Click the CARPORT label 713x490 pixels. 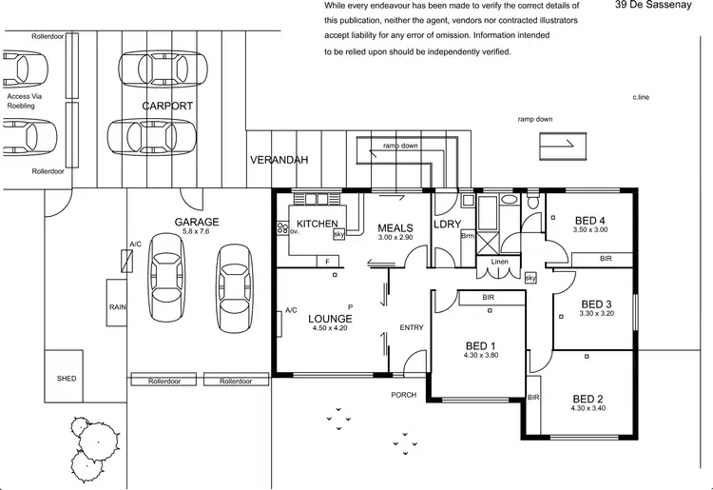(x=168, y=106)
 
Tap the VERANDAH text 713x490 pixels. (x=279, y=160)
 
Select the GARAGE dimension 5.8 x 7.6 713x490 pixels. (x=197, y=231)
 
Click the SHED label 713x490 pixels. (x=67, y=378)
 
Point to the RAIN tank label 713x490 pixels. (x=118, y=307)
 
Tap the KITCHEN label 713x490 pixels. (x=318, y=225)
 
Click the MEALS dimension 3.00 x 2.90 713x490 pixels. (x=395, y=237)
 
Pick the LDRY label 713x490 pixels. (x=447, y=225)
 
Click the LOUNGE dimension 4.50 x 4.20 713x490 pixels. (x=330, y=330)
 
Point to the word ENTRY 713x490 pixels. (x=412, y=327)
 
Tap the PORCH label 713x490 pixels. (x=404, y=394)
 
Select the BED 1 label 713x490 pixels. (x=479, y=344)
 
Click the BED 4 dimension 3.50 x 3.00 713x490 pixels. (x=590, y=229)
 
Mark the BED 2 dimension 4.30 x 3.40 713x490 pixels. (x=588, y=408)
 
